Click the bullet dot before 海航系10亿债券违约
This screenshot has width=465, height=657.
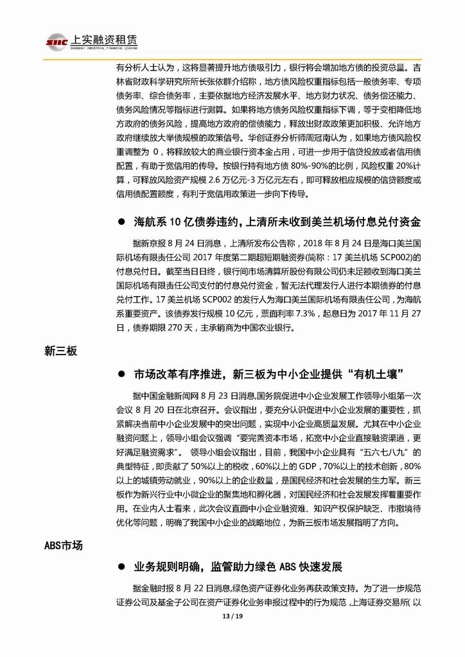pos(121,223)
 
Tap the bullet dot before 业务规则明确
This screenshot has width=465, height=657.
pos(121,567)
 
